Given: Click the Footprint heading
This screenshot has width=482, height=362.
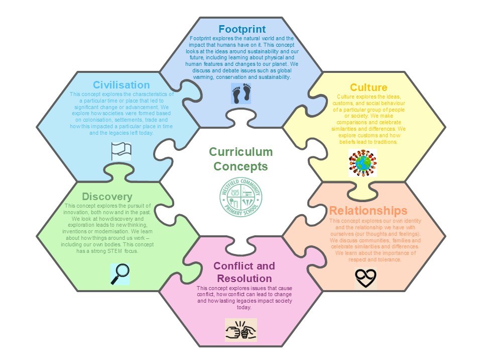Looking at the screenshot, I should tap(242, 29).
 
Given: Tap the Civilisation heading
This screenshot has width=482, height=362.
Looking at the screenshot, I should tap(122, 85).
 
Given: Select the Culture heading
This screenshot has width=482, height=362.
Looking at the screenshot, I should tap(369, 88).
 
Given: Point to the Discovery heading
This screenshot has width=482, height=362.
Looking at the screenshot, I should tap(107, 196).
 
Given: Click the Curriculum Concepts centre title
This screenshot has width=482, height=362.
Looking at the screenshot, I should tap(241, 159).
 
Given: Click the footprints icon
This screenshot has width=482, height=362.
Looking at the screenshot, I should tap(241, 94).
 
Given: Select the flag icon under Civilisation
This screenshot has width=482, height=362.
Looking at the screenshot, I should tap(121, 151).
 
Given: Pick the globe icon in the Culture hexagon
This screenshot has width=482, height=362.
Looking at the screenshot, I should tap(363, 163).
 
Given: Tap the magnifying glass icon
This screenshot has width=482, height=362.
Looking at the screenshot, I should tap(120, 274).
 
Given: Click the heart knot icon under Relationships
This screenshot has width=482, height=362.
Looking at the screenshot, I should tap(366, 277).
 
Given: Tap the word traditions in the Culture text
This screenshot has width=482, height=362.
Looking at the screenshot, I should tap(383, 142).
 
